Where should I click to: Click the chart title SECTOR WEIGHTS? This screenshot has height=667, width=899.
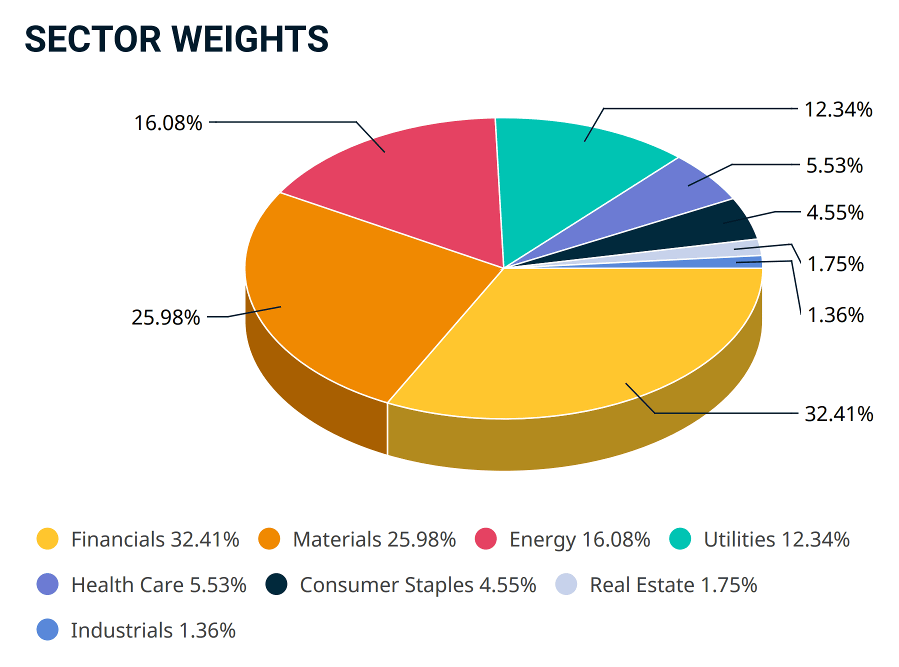176,39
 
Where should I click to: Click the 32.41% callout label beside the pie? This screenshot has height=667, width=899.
839,414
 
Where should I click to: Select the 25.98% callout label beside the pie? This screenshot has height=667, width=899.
165,317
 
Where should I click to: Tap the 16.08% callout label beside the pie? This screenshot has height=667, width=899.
168,123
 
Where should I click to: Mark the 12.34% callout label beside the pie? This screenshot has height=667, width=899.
838,109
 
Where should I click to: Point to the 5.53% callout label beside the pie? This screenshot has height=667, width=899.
834,165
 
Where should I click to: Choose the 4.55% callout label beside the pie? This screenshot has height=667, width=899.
835,212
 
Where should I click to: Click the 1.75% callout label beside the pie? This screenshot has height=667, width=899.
835,264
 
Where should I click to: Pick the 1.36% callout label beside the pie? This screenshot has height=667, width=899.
835,315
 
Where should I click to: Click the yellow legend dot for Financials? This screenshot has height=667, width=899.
47,539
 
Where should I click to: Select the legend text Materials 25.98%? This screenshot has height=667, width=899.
374,539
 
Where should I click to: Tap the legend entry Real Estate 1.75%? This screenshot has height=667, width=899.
656,584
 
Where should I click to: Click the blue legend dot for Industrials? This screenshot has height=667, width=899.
47,630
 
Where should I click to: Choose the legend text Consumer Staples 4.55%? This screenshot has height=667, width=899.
418,585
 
